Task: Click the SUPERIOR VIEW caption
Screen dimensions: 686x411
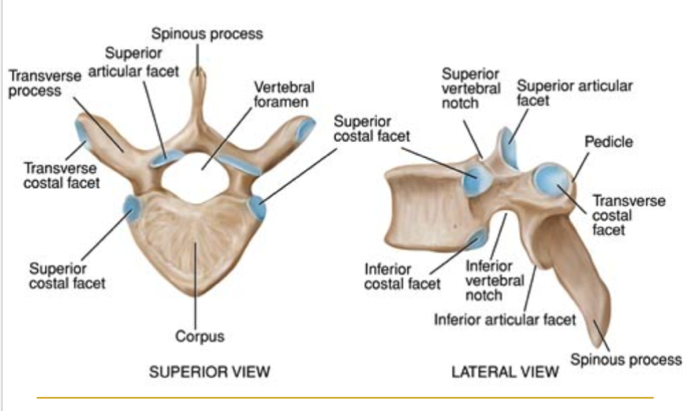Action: [210, 372]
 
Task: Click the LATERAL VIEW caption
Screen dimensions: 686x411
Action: [505, 372]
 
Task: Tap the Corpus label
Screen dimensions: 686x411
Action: [200, 336]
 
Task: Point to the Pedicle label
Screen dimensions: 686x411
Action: [609, 142]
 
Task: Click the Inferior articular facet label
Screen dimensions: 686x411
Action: [505, 320]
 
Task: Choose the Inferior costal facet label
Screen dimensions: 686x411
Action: [402, 276]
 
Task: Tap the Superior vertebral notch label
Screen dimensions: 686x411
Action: [471, 88]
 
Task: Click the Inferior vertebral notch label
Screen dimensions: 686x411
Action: [495, 281]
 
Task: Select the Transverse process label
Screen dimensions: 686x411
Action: [45, 83]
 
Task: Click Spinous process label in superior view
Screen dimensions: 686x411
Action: [207, 33]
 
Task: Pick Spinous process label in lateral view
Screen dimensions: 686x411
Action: [626, 360]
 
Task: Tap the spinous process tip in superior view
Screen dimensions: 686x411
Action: [197, 73]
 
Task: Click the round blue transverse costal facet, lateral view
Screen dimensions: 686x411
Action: [552, 180]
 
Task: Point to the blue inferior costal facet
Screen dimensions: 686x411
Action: [478, 238]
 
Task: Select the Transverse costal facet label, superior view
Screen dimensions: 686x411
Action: [62, 175]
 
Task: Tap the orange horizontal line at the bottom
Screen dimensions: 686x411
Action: [345, 398]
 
